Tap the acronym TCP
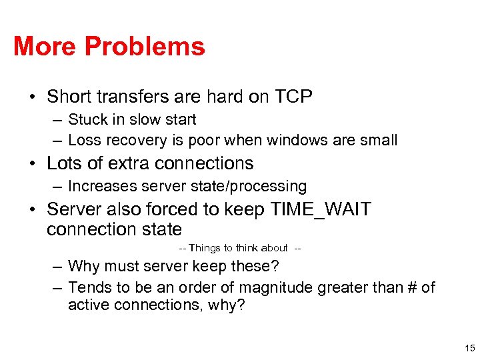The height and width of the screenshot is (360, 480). point(293,97)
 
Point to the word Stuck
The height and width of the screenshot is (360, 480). point(86,120)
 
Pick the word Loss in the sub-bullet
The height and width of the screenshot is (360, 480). point(83,140)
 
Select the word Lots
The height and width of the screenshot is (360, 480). point(65,163)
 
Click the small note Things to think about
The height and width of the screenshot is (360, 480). point(239,248)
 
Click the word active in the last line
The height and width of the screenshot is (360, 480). point(87,305)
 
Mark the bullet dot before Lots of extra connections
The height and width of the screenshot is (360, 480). point(33,164)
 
